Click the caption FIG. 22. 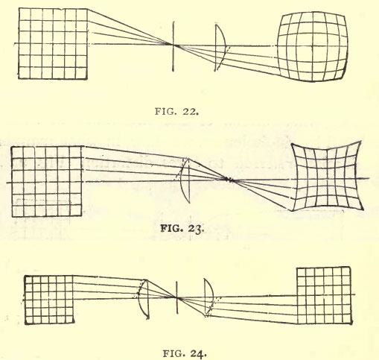click(176, 111)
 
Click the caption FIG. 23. click(182, 228)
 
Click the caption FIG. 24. click(185, 353)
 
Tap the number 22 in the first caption click(191, 111)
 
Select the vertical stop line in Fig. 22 click(173, 46)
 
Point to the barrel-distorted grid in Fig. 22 click(313, 46)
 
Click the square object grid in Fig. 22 click(53, 44)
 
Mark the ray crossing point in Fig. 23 click(229, 180)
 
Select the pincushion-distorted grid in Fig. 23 click(327, 176)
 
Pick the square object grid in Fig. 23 click(46, 181)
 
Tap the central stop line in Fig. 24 click(177, 297)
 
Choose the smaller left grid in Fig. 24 click(49, 300)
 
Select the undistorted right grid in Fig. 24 click(325, 295)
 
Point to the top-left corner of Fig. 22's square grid click(19, 8)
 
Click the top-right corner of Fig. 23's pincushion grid click(361, 142)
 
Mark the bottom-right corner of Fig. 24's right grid click(352, 323)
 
